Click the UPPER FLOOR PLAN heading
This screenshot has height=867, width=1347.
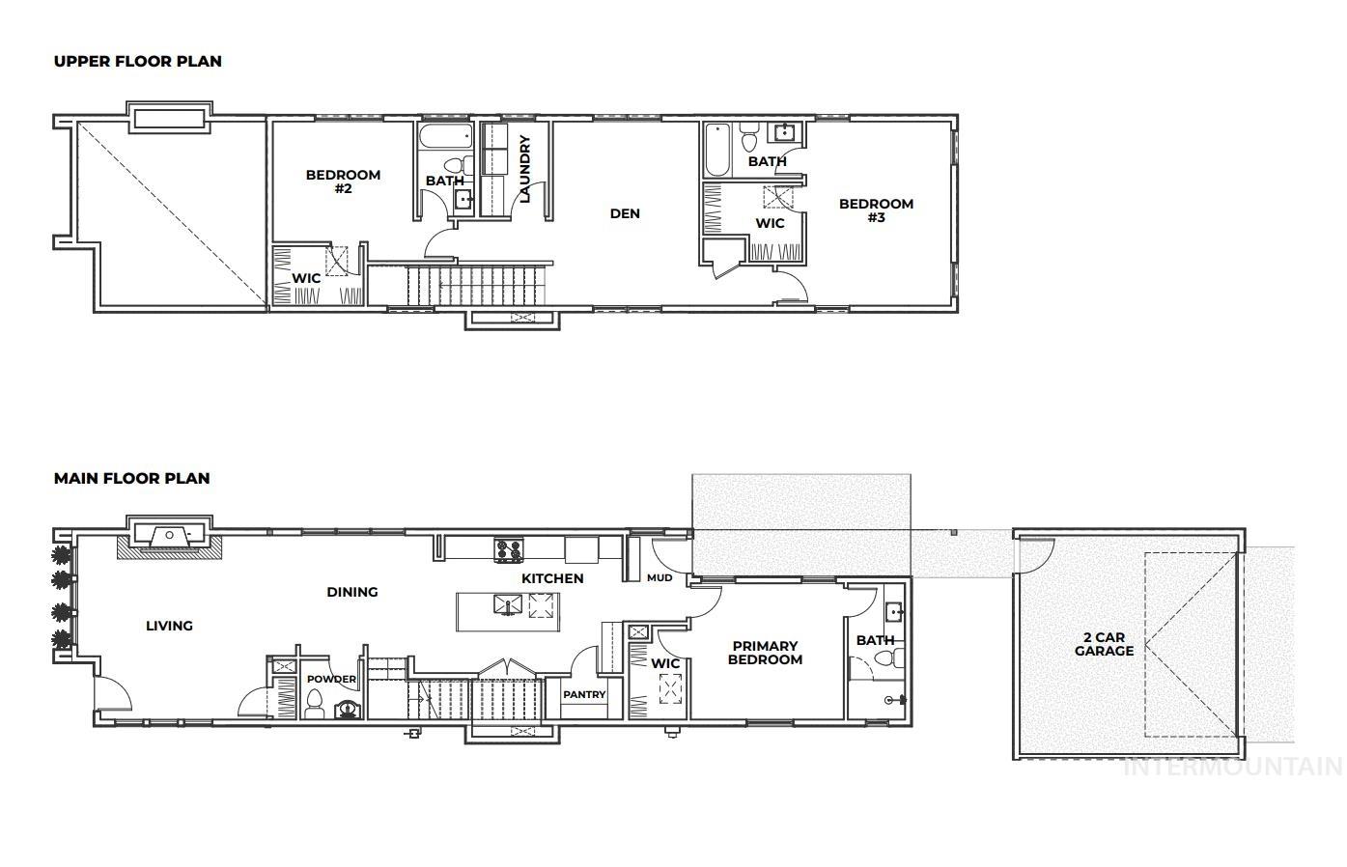tap(137, 61)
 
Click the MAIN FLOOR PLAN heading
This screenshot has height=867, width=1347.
tap(131, 478)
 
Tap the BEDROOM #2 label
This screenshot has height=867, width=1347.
tap(343, 182)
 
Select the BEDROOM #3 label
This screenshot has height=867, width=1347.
tap(876, 210)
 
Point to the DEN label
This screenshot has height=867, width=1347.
tap(625, 213)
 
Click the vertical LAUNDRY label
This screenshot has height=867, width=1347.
tap(525, 169)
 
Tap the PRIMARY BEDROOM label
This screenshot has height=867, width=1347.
tap(765, 653)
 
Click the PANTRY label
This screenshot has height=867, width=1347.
tap(584, 694)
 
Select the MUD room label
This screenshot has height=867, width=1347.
tap(659, 578)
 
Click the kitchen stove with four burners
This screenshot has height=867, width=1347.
tap(509, 550)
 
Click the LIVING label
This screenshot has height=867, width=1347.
tap(169, 626)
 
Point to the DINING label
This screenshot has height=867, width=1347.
tap(351, 592)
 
